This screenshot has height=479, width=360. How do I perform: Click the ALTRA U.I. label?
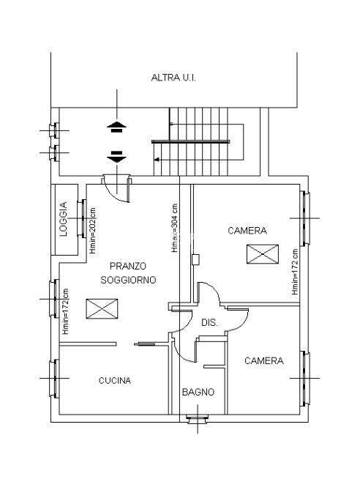pos(173,78)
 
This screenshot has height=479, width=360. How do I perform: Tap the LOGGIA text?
pos(63,219)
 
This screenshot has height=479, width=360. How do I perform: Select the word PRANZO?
pos(128,266)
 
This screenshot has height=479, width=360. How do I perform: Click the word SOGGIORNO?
pos(128,280)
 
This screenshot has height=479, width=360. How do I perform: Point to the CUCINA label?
pos(115,381)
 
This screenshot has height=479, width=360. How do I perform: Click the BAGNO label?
pos(198,392)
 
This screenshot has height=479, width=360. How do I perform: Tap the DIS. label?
pos(209,322)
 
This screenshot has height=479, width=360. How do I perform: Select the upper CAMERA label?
pos(247,231)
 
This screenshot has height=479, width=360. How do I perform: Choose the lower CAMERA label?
pos(264,361)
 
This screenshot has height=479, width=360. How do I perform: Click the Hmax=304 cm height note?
pos(174,228)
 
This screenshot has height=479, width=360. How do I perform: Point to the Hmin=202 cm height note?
pos(93,231)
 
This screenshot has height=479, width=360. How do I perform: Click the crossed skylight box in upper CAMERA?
pos(263,254)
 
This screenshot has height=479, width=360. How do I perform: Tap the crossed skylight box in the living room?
pos(102,309)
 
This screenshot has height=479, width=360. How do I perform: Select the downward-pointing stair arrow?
pos(116,157)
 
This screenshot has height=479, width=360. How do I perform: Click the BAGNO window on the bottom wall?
pos(198,419)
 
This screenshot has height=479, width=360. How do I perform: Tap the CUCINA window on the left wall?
pos(55,378)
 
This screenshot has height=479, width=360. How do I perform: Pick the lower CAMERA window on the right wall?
pos(305,379)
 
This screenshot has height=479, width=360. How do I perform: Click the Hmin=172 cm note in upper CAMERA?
pos(295,272)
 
